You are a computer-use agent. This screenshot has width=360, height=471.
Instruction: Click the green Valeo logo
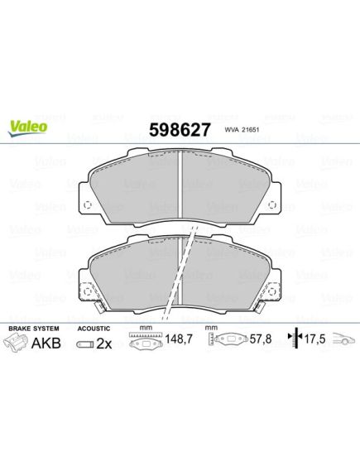pos(27,127)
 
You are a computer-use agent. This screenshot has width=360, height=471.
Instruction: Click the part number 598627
pos(180,130)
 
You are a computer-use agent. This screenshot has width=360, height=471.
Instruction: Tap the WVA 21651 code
pos(242,129)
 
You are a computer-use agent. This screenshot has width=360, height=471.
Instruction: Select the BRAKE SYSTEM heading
pos(34,329)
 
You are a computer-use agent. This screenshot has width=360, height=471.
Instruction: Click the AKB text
pos(46,343)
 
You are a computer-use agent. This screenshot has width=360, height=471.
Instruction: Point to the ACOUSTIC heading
pos(94,329)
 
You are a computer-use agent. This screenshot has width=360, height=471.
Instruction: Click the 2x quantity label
pos(104,344)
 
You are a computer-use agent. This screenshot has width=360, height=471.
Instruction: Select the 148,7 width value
pos(179,339)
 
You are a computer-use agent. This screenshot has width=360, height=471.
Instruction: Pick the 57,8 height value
pos(261,339)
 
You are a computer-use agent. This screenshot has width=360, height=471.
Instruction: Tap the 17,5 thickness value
pos(315,339)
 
